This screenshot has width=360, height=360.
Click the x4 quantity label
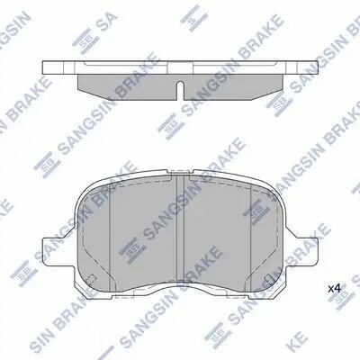click(334, 288)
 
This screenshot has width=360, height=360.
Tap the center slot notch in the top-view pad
click(180, 90)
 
